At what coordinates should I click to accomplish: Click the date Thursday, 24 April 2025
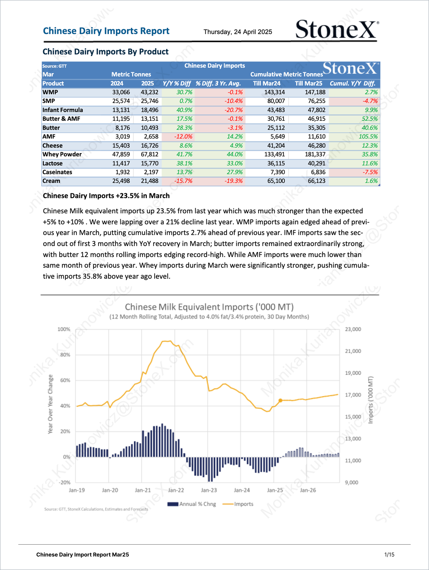click(x=238, y=32)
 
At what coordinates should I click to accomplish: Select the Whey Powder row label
click(x=62, y=154)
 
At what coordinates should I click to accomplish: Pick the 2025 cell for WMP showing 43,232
click(x=149, y=92)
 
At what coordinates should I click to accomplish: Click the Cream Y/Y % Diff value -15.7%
click(x=183, y=181)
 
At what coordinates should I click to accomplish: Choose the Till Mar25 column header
click(x=309, y=83)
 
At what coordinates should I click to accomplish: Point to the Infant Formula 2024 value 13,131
click(x=121, y=110)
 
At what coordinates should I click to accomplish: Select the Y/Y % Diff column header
click(x=177, y=83)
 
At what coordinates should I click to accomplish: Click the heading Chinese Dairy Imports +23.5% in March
click(x=106, y=196)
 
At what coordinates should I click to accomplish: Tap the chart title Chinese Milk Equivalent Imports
click(x=209, y=307)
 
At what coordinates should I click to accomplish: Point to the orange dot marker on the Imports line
click(x=280, y=400)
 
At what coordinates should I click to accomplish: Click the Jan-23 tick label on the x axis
click(x=209, y=490)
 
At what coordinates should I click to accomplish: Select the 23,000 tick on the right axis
click(x=353, y=329)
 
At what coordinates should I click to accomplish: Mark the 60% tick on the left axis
click(x=65, y=380)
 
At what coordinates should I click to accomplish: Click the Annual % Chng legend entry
click(x=192, y=504)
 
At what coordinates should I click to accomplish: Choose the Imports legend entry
click(x=238, y=504)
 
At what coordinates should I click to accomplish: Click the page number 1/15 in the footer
click(x=389, y=555)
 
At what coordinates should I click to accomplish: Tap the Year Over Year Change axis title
click(x=50, y=404)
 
